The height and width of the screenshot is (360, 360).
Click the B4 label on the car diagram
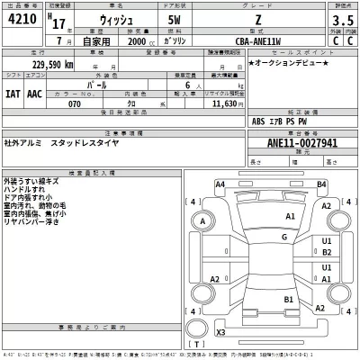tap(321, 184)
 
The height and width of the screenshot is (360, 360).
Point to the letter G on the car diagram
tap(284, 237)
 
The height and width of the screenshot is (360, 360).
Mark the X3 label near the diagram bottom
tap(220, 333)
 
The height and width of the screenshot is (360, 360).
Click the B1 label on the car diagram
tap(289, 299)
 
